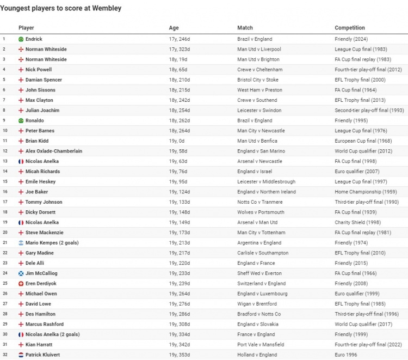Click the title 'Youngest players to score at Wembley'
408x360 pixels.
[x=61, y=9]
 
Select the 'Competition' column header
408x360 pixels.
[x=350, y=28]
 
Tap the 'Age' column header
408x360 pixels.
[x=174, y=28]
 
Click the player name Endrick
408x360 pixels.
[x=34, y=39]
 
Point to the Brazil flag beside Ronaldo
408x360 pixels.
[x=21, y=120]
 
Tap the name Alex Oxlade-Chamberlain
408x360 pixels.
[x=54, y=151]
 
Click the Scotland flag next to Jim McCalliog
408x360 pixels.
[x=21, y=273]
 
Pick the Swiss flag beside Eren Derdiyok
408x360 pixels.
[x=21, y=283]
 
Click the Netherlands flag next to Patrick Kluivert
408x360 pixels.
[x=21, y=355]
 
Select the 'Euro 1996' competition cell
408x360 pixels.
[x=347, y=355]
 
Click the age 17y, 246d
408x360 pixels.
[x=180, y=39]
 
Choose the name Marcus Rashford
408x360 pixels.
[x=45, y=324]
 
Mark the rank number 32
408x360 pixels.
[x=4, y=355]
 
